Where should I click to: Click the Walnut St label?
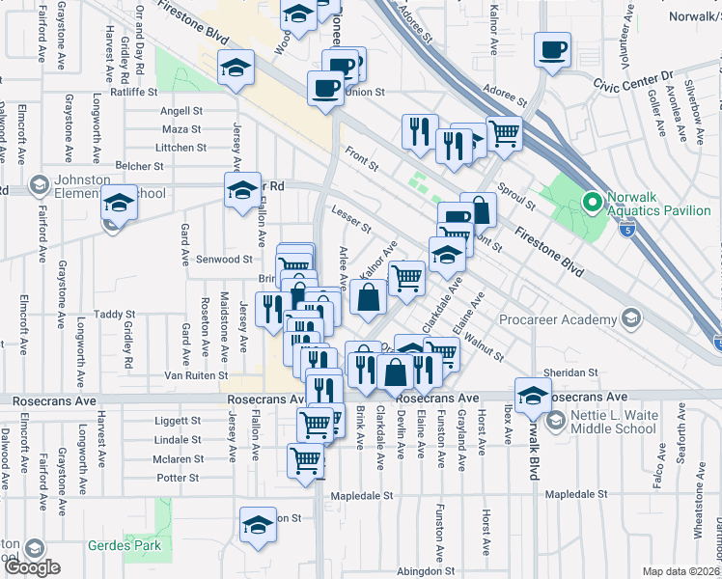(486, 347)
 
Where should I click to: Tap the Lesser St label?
(351, 220)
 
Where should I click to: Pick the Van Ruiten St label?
(196, 375)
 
